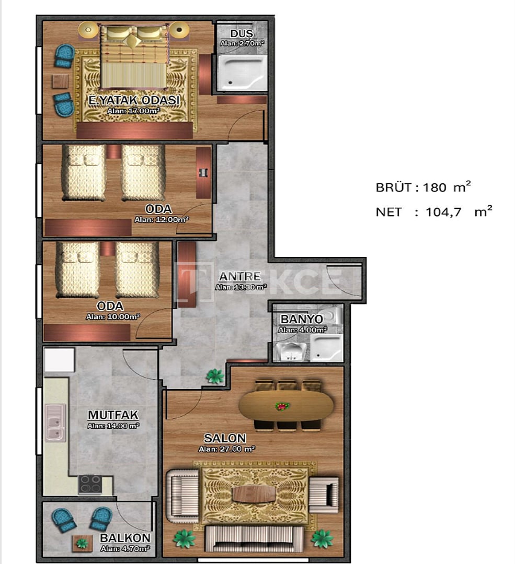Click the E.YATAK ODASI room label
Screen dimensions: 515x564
point(134,100)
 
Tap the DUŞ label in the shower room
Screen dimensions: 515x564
point(242,33)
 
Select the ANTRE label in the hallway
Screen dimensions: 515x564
point(240,276)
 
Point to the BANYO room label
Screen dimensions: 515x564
point(302,319)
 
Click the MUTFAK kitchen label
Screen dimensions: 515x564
point(113,415)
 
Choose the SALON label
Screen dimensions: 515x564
point(225,438)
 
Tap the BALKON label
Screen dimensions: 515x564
point(125,538)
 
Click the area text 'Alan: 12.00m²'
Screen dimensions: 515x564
point(162,219)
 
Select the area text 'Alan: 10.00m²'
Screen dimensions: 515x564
point(113,317)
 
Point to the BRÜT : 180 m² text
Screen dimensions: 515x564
point(423,187)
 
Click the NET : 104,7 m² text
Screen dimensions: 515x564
point(434,211)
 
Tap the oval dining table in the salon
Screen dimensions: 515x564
point(287,406)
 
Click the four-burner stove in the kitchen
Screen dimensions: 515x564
point(90,484)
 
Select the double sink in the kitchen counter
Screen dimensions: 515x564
point(55,422)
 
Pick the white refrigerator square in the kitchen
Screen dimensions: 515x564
point(59,360)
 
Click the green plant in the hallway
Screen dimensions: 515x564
point(215,376)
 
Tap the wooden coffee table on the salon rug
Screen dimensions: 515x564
point(254,494)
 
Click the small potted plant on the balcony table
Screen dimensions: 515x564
point(82,543)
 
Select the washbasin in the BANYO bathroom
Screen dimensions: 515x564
point(291,351)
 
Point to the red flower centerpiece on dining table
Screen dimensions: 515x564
point(283,406)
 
